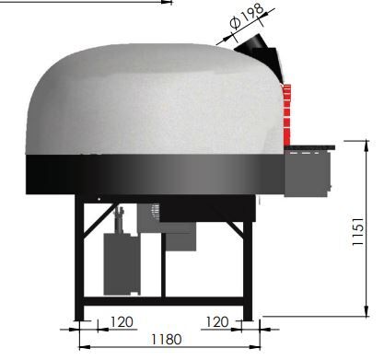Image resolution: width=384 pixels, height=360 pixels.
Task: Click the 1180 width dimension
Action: [167, 340]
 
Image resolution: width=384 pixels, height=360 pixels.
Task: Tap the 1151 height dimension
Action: [358, 232]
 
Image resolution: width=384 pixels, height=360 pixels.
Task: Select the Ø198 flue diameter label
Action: [247, 17]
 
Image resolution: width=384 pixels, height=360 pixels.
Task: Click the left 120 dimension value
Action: [122, 322]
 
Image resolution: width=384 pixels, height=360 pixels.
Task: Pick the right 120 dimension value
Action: [217, 322]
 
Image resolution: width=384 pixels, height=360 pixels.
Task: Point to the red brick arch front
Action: [286, 115]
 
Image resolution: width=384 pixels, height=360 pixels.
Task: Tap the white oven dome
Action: [155, 99]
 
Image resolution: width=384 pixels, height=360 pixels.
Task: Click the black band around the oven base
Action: [155, 174]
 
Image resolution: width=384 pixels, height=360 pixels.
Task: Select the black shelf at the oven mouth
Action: [309, 147]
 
